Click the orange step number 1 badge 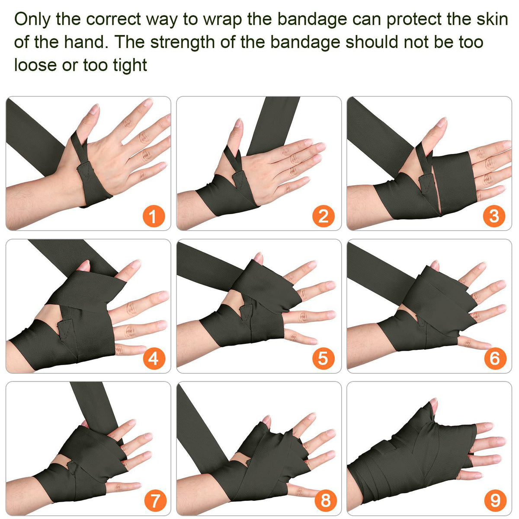tap(154, 217)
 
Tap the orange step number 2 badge tap(324, 217)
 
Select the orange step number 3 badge tap(494, 217)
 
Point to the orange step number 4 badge tap(154, 359)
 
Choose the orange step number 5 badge tap(324, 359)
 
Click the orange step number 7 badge tap(155, 500)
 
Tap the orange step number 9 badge tap(495, 500)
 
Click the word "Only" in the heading tap(32, 19)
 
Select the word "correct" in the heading tap(113, 19)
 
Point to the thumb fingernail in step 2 tap(238, 123)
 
